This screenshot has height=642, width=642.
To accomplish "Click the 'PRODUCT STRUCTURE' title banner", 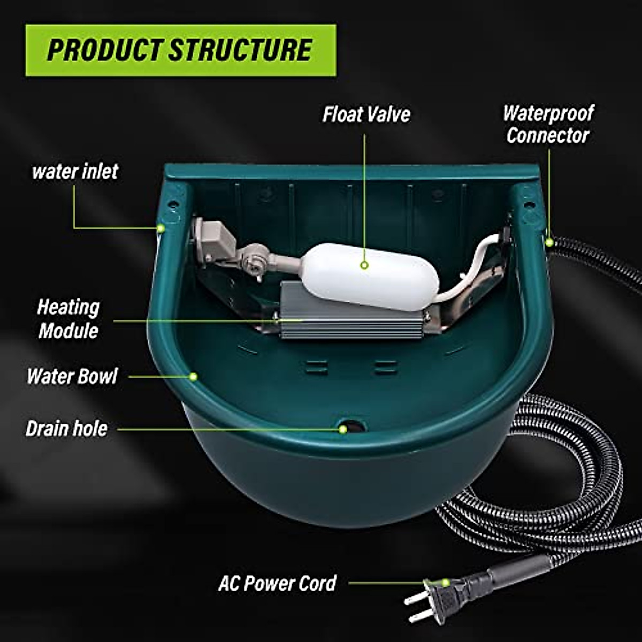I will pyautogui.click(x=181, y=50).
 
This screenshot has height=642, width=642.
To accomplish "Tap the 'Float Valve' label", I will pyautogui.click(x=366, y=114).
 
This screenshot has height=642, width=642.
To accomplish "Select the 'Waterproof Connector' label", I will pyautogui.click(x=548, y=124).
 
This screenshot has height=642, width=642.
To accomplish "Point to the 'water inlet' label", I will pyautogui.click(x=75, y=172).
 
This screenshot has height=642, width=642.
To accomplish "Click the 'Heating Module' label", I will pyautogui.click(x=68, y=319).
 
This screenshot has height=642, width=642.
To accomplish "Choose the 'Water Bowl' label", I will pyautogui.click(x=72, y=376).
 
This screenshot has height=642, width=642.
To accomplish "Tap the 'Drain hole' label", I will pyautogui.click(x=66, y=429).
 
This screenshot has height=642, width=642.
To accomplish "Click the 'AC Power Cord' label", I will pyautogui.click(x=277, y=583).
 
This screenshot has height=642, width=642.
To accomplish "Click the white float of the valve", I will pyautogui.click(x=369, y=276).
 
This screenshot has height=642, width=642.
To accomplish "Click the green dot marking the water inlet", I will pyautogui.click(x=160, y=228).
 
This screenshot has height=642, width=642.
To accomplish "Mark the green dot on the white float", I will pyautogui.click(x=364, y=265).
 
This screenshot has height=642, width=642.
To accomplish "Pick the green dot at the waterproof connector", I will pyautogui.click(x=549, y=242).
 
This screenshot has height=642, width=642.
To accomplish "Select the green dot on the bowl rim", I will pyautogui.click(x=194, y=377).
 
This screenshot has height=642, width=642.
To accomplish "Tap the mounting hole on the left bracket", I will pyautogui.click(x=173, y=204).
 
